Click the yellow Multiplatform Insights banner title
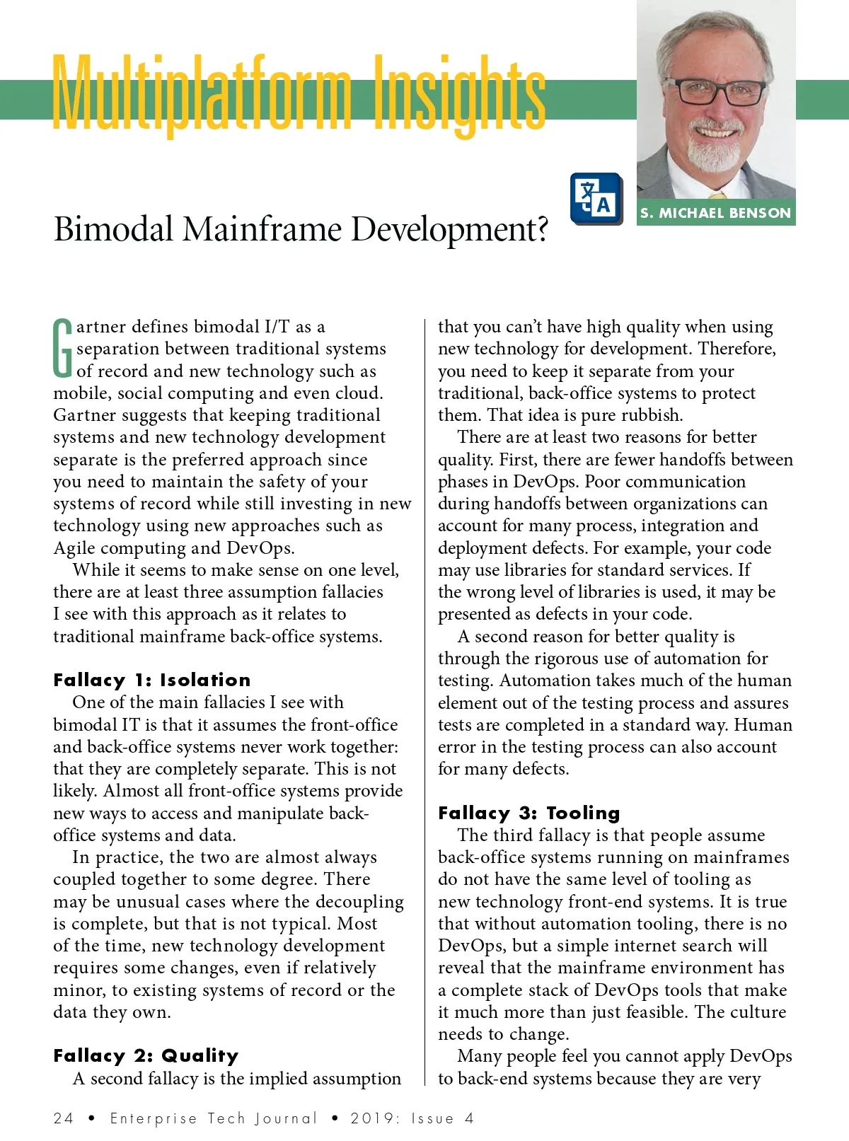tap(299, 95)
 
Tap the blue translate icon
tap(596, 199)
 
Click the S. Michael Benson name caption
tap(715, 213)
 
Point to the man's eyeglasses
tap(716, 93)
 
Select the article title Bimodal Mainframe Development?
tap(301, 230)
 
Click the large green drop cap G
tap(63, 348)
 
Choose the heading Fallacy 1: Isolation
tap(152, 680)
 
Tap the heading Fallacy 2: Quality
tap(146, 1056)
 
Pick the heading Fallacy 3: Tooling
tap(529, 813)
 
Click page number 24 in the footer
tap(63, 1118)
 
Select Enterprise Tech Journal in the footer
tap(214, 1118)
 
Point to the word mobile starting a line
tap(79, 393)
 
